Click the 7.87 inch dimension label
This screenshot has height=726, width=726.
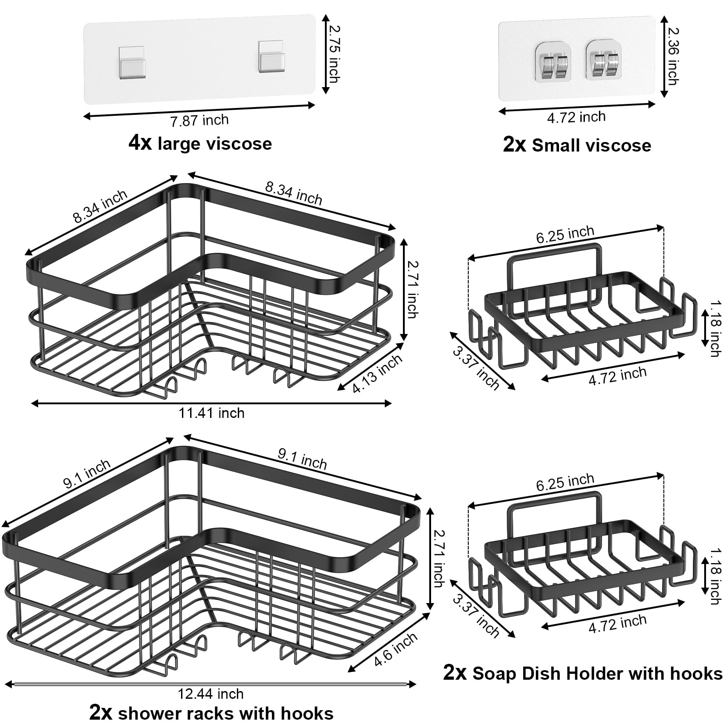point(200,121)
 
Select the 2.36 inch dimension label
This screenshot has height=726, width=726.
point(673,57)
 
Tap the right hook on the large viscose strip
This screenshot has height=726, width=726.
point(271,57)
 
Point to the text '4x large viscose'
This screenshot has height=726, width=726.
point(200,144)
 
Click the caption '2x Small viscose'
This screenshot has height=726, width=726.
point(577,145)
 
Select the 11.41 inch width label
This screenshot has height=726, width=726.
point(211,413)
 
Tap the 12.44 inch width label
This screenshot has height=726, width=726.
point(211,694)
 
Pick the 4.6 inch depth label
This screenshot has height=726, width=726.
point(396,650)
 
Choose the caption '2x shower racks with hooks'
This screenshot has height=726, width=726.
point(211,713)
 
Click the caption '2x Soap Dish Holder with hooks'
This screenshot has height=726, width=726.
point(583,673)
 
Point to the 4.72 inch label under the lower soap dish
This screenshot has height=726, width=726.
point(617,623)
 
